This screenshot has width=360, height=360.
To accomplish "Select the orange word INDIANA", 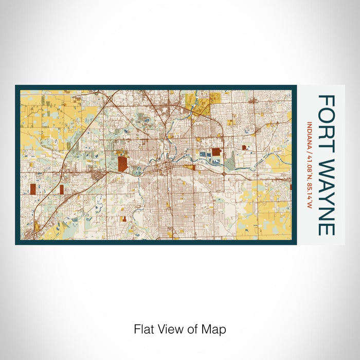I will coord(310,134).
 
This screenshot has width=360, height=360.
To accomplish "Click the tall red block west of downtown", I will coord(122,164).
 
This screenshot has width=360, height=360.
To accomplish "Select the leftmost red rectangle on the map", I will coord(34,190).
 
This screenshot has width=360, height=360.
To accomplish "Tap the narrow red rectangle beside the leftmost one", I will coord(62,189).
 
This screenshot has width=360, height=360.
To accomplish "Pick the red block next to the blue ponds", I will coord(216,152).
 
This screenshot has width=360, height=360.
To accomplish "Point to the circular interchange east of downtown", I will coord(225,174).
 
